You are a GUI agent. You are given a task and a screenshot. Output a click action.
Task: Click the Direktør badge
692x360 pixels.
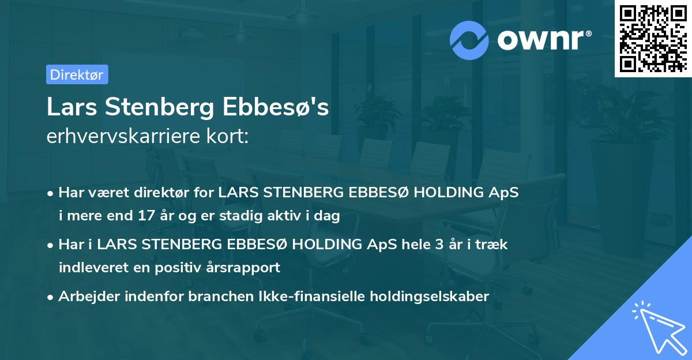(x=77, y=74)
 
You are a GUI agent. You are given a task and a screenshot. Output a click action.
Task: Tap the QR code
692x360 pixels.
(x=652, y=39)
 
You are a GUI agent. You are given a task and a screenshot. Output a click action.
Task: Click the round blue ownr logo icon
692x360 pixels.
(x=469, y=40)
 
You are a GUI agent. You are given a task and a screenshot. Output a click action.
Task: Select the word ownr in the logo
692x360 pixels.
(x=540, y=40)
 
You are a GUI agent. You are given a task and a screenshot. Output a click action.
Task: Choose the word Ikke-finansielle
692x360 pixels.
(x=290, y=297)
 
